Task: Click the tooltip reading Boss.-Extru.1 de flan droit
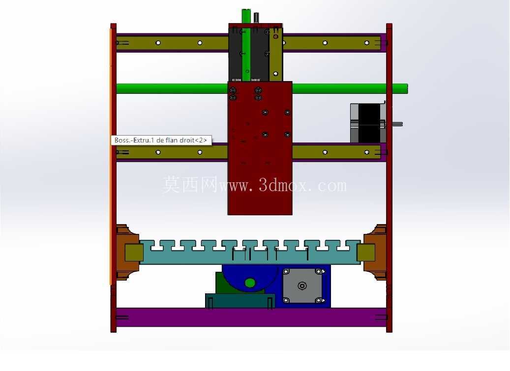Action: click(x=161, y=140)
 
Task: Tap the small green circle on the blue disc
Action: click(x=250, y=283)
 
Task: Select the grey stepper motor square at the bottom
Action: click(x=302, y=286)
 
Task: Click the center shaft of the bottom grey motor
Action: click(x=302, y=286)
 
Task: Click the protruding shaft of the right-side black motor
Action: click(x=397, y=124)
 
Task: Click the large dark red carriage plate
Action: click(x=260, y=148)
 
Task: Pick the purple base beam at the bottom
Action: click(x=251, y=317)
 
